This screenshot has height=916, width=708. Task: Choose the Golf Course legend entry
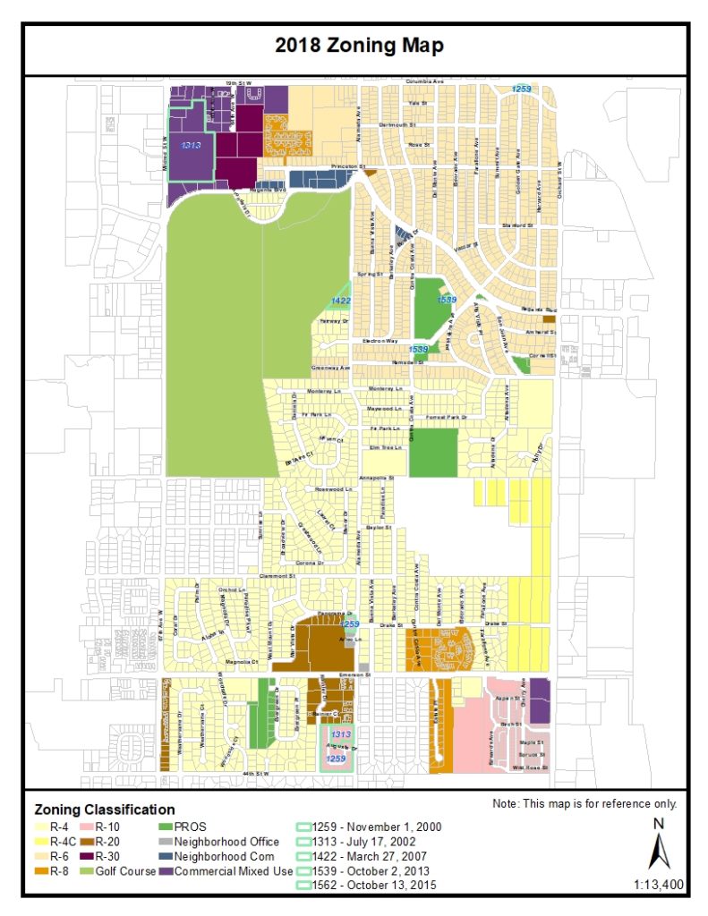124,871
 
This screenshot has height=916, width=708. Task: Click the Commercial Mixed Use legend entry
235,871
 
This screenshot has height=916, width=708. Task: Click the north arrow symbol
658,846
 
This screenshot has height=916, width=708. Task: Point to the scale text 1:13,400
658,886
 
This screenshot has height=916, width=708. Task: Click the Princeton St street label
349,166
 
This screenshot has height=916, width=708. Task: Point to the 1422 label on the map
341,301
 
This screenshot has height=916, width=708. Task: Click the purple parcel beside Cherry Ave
540,700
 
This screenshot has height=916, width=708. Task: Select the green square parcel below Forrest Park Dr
433,452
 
